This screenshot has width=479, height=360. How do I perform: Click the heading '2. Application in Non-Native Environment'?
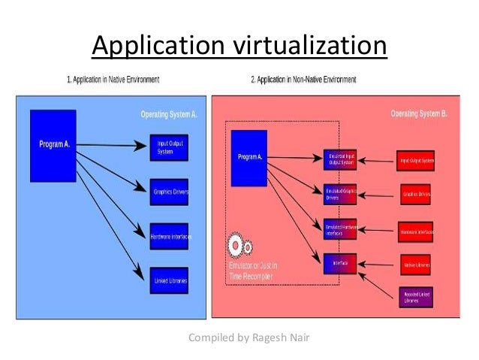tap(305, 78)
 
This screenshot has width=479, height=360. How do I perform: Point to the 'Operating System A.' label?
tap(169, 114)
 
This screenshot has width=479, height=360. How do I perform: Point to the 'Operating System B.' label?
tap(420, 114)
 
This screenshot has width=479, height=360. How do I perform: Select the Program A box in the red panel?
tap(249, 158)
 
